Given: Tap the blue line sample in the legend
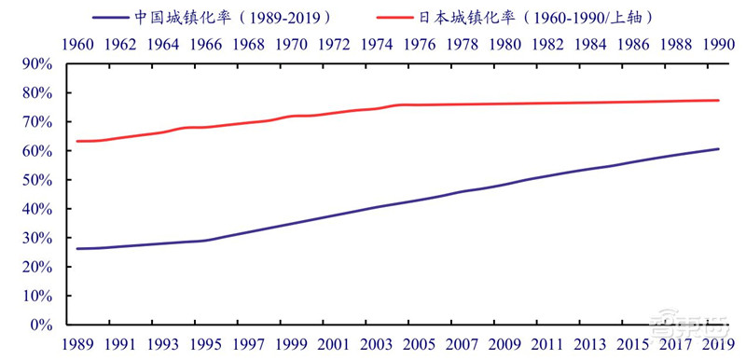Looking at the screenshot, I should click(x=117, y=17).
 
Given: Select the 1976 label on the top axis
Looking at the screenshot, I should click(x=420, y=44).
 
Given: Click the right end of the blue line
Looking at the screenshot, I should click(x=719, y=148).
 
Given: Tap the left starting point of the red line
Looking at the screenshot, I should click(x=76, y=141).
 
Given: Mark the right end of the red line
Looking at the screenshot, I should click(x=719, y=101).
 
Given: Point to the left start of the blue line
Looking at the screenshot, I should click(x=76, y=249).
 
